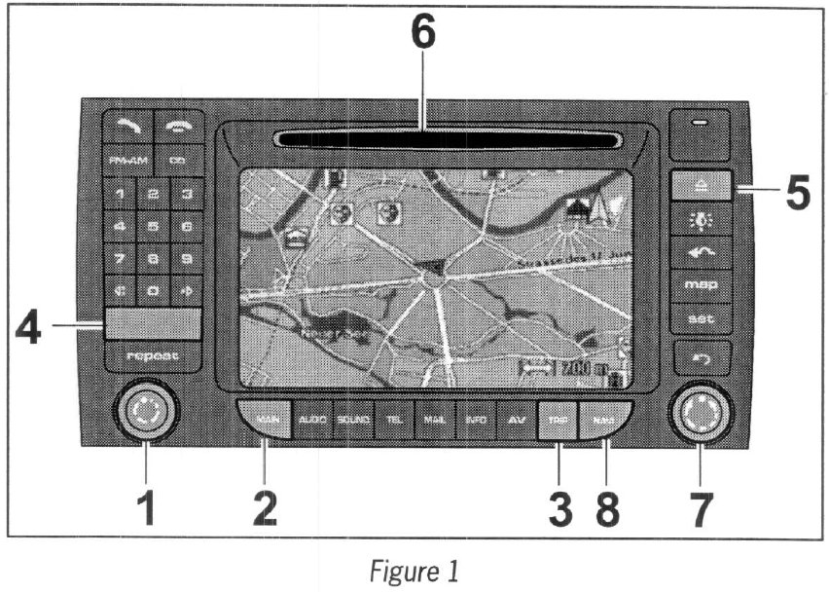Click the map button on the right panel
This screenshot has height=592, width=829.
click(x=702, y=284)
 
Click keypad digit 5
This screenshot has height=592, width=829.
click(x=153, y=227)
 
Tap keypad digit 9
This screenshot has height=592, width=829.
click(x=186, y=259)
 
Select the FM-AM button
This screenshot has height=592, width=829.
click(x=126, y=159)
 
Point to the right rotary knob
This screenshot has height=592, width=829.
click(x=700, y=414)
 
